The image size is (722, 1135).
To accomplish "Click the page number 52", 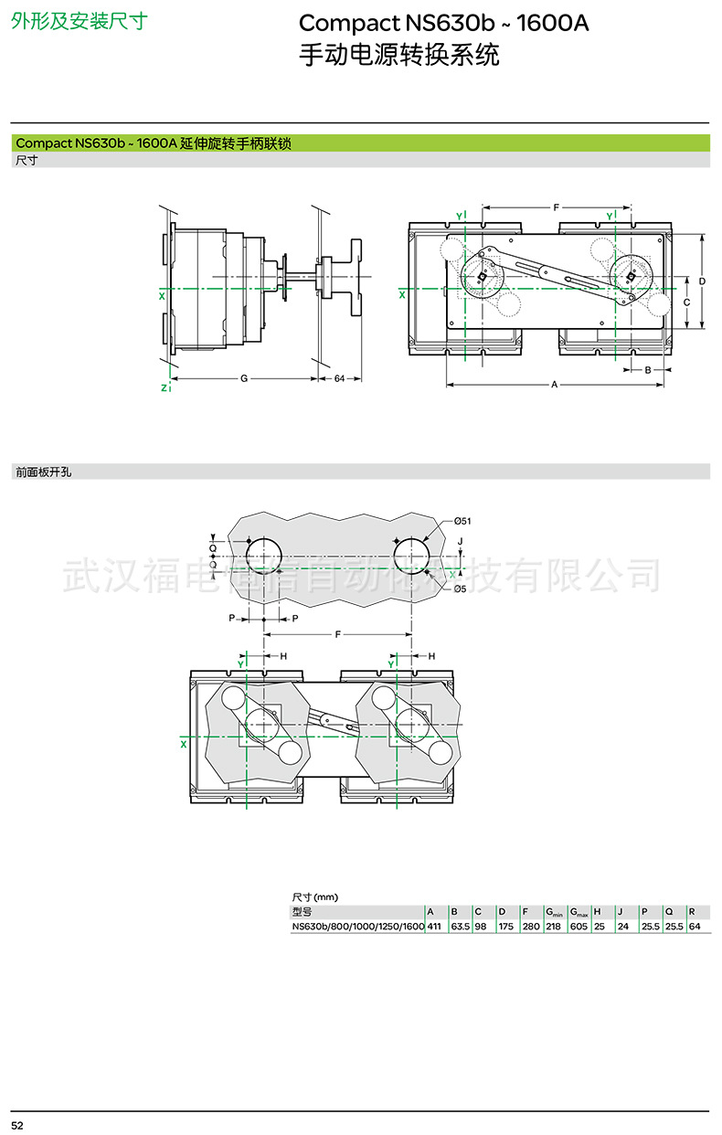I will pyautogui.click(x=17, y=1122).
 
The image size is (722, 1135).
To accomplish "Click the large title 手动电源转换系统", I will pyautogui.click(x=399, y=55).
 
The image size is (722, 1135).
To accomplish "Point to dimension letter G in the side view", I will pyautogui.click(x=244, y=378).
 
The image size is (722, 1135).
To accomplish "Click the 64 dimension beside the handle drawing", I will pyautogui.click(x=339, y=378).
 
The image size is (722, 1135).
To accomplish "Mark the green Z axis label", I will pyautogui.click(x=163, y=388).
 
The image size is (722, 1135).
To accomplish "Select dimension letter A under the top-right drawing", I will pyautogui.click(x=554, y=386).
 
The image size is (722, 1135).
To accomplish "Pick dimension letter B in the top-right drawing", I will pyautogui.click(x=647, y=370).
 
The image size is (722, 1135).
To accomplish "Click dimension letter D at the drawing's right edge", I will pyautogui.click(x=702, y=281).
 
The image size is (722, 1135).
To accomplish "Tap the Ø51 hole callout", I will pyautogui.click(x=462, y=521).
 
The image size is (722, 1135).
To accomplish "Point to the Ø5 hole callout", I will pyautogui.click(x=460, y=589).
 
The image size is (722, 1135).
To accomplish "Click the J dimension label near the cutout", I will pyautogui.click(x=460, y=542).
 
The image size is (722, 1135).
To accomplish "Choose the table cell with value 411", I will pyautogui.click(x=434, y=927).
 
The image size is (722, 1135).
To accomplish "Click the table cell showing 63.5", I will pyautogui.click(x=460, y=927).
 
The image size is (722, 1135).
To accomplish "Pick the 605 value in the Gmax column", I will pyautogui.click(x=579, y=927).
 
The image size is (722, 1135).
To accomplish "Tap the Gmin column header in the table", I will pyautogui.click(x=555, y=912).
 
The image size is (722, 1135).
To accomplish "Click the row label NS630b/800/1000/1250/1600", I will pyautogui.click(x=357, y=927).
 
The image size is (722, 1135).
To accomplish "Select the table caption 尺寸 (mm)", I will pyautogui.click(x=314, y=897).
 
